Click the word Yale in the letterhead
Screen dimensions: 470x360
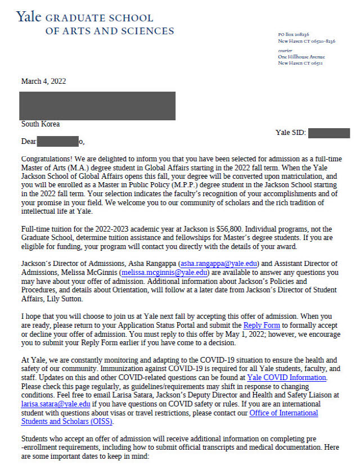28,17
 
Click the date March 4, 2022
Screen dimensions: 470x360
43,82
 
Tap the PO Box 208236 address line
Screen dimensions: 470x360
294,35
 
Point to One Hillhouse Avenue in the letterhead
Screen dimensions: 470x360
301,57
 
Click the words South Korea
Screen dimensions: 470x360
40,124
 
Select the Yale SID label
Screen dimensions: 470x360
290,133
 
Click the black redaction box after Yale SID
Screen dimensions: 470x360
329,133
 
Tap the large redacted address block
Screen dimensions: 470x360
97,106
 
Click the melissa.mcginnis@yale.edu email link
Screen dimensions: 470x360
164,272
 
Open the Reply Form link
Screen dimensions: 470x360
259,326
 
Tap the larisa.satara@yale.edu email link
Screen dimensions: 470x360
56,404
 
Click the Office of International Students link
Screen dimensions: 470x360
283,413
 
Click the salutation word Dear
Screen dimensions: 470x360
29,142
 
